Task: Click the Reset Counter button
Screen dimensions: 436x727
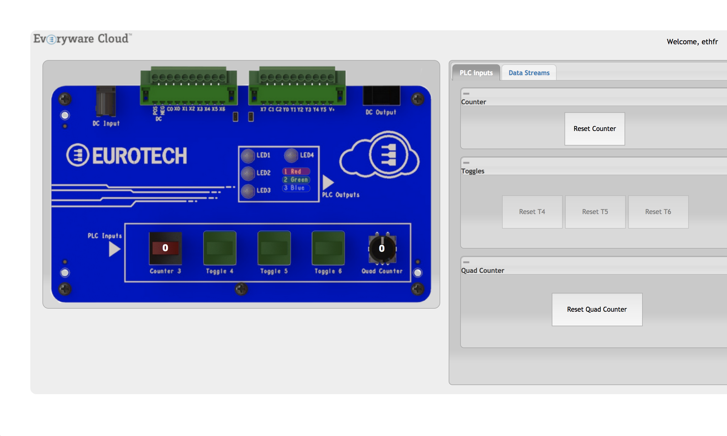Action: (x=594, y=129)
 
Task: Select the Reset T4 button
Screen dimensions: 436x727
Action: (x=532, y=212)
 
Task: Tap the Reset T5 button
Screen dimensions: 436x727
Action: (x=595, y=212)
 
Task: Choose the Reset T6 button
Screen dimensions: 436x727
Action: (x=658, y=212)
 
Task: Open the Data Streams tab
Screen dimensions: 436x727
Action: (x=529, y=73)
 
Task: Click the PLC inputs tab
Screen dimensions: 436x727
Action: (x=476, y=73)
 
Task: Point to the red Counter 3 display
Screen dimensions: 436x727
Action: (x=165, y=248)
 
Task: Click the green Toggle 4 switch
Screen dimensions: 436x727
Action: (x=219, y=248)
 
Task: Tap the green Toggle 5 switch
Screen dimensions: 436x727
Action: (x=274, y=248)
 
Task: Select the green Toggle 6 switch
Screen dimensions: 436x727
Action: (x=328, y=248)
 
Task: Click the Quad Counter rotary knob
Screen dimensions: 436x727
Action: (x=382, y=249)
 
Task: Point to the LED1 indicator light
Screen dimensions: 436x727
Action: (x=248, y=156)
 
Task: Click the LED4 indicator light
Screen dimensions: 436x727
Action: (x=291, y=156)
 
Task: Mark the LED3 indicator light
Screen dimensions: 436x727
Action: (x=248, y=191)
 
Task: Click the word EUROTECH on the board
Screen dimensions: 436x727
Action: (x=139, y=156)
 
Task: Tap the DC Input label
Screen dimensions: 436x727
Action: (x=106, y=123)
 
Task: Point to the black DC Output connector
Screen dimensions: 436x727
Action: (x=381, y=96)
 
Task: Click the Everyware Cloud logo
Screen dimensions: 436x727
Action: (x=82, y=39)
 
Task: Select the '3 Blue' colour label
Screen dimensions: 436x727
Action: (x=296, y=188)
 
